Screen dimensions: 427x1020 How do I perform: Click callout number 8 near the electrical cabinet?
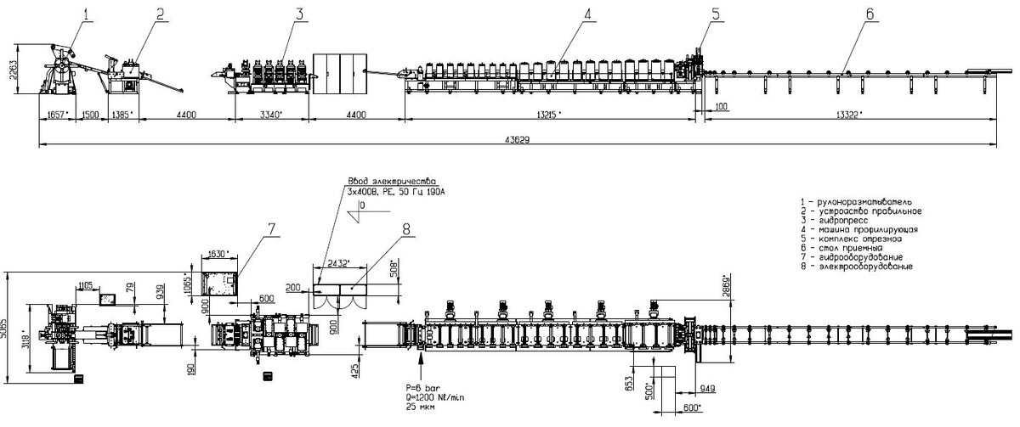(x=405, y=228)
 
